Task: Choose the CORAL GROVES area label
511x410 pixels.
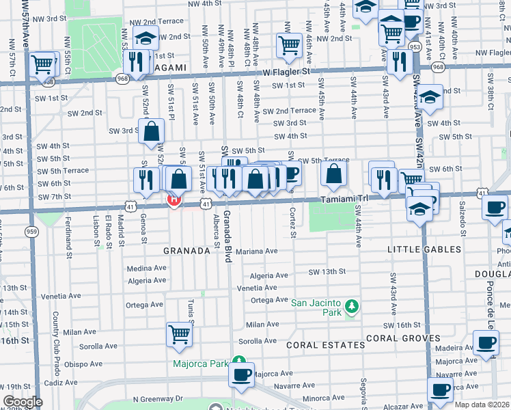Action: tap(400, 338)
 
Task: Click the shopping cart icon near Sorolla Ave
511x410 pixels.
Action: tap(179, 334)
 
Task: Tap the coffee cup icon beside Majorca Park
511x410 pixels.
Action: tap(242, 374)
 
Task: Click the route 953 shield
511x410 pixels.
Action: tap(415, 46)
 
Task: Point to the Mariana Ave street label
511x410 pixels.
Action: tap(256, 251)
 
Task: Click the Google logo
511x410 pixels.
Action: tap(23, 402)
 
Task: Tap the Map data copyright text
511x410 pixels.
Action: tap(482, 405)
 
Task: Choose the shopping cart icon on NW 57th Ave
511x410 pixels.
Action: tap(42, 64)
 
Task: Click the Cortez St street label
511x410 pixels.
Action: tap(293, 223)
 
